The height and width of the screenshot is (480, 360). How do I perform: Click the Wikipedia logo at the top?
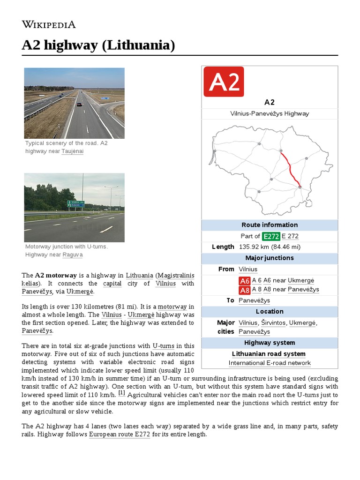click(49, 25)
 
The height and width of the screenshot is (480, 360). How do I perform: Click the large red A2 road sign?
click(224, 82)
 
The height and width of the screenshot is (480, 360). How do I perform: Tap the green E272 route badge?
click(271, 236)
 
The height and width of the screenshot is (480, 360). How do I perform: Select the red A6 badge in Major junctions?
click(245, 281)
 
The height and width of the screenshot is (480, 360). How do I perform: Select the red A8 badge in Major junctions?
click(245, 290)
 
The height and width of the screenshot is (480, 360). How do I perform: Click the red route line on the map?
click(291, 168)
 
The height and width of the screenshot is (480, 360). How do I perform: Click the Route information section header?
click(270, 225)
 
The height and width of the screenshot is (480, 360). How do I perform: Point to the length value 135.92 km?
click(269, 247)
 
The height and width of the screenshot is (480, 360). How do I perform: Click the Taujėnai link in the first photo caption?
click(72, 151)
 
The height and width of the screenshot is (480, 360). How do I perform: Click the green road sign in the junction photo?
click(75, 204)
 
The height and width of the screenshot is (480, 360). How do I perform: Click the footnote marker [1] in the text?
click(121, 393)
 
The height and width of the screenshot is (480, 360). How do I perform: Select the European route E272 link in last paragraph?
click(120, 435)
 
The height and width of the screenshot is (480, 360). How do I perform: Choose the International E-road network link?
click(270, 363)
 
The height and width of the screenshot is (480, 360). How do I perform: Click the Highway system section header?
click(270, 343)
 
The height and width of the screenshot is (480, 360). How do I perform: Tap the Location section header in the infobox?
click(270, 312)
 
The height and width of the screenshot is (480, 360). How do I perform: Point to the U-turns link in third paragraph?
click(162, 345)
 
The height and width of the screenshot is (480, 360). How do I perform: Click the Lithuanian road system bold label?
click(269, 354)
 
